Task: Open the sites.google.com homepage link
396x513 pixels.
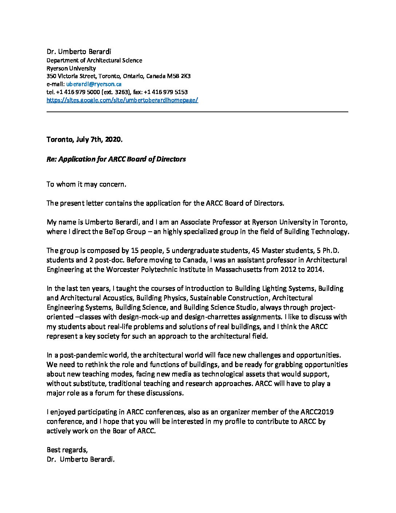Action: click(122, 100)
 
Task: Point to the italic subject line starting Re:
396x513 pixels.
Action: click(116, 159)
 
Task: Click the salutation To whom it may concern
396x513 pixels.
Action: click(86, 184)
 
